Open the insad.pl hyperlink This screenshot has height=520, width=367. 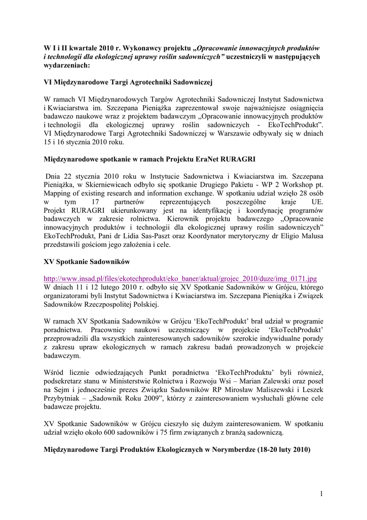(x=180, y=278)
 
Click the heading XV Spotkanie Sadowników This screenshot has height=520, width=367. (x=87, y=262)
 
